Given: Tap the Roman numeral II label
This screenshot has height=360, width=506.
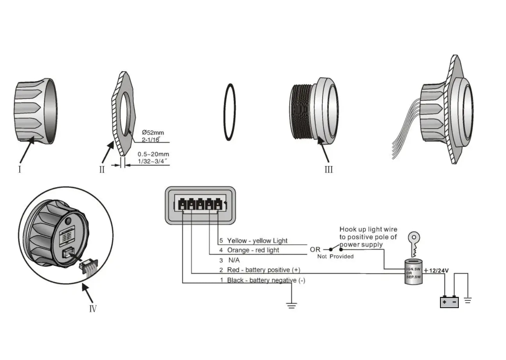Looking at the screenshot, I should click(102, 169).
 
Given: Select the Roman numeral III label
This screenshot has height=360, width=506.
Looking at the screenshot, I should click(329, 169).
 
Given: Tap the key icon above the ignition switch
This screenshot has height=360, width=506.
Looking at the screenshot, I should click(413, 242).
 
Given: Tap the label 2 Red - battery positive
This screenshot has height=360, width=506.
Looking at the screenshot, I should click(260, 270).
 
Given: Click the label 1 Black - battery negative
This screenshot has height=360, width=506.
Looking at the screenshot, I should click(262, 280).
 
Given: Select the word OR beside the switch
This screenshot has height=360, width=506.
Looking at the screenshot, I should click(315, 249).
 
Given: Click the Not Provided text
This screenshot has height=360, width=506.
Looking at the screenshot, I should click(335, 257).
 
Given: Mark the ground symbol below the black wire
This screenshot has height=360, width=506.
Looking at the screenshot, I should click(291, 305).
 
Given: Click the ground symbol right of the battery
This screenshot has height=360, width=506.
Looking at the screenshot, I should click(468, 300).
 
